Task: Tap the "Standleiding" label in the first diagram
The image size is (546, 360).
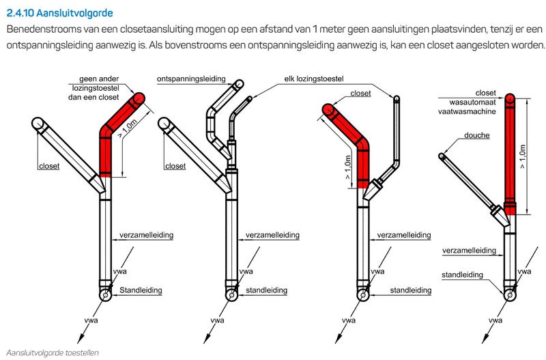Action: coord(141,290)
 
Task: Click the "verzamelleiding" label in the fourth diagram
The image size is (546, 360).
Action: coord(469,251)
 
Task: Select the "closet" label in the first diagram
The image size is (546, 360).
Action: coord(49,166)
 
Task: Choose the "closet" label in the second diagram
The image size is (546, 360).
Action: coord(175,166)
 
